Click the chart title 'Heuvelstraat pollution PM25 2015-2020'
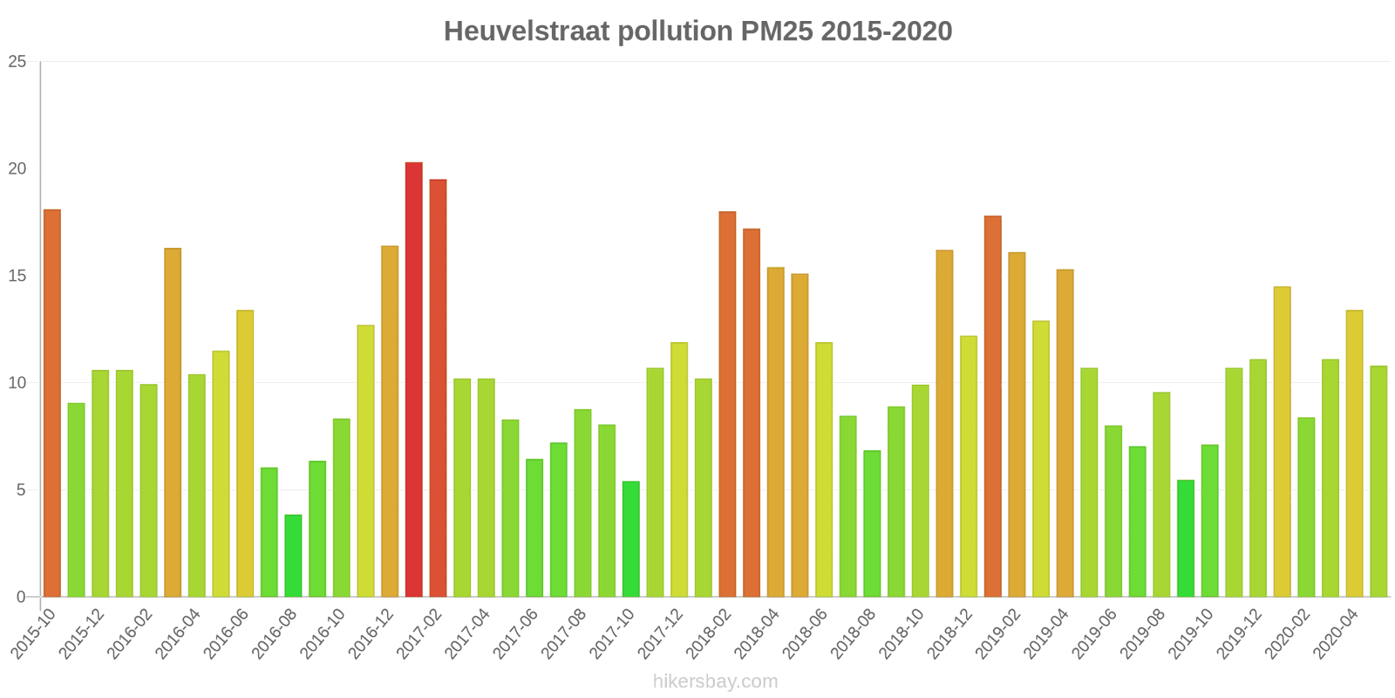(x=697, y=31)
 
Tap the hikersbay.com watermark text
(x=715, y=681)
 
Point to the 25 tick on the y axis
(x=17, y=62)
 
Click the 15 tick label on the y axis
(x=17, y=276)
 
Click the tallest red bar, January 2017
(x=413, y=380)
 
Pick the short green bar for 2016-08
(x=293, y=556)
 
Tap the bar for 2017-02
(x=438, y=388)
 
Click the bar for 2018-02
(x=727, y=404)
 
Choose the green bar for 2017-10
(x=630, y=539)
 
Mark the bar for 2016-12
(x=390, y=421)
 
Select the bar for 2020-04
(x=1354, y=454)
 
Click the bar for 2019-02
(x=1017, y=425)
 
